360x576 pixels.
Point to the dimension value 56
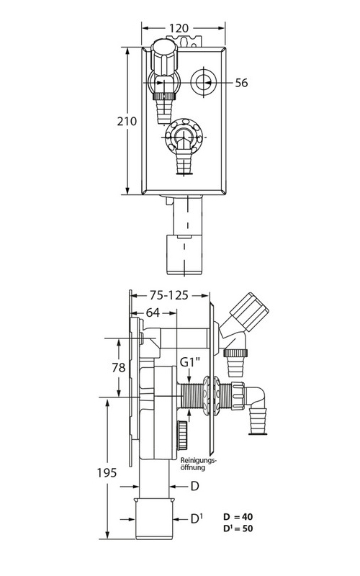pos(241,84)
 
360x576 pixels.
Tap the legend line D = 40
pos(238,517)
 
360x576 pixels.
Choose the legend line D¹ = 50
pos(238,529)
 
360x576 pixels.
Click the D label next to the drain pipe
pos(194,487)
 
